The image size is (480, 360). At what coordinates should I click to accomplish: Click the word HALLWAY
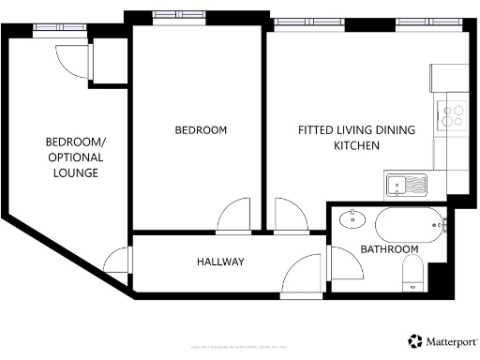[220, 262]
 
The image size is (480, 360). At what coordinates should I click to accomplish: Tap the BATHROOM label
[389, 248]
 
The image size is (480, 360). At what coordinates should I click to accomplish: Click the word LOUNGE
[76, 173]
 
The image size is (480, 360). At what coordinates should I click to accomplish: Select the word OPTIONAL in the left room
[76, 157]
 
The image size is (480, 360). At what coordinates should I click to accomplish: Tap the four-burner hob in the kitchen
[454, 114]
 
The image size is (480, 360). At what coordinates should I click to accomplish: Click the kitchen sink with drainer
[406, 184]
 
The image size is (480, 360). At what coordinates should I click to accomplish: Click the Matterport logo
[442, 341]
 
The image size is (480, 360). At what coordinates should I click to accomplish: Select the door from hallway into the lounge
[118, 260]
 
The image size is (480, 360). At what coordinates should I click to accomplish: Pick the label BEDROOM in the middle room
[201, 130]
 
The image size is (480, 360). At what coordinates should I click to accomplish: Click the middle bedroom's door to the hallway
[235, 216]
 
